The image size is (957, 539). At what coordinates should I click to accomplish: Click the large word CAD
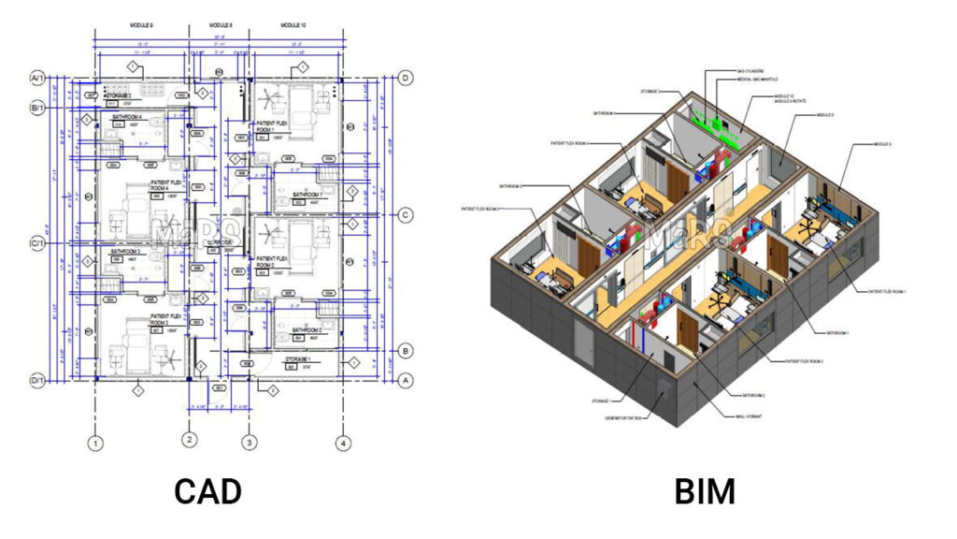click(x=207, y=490)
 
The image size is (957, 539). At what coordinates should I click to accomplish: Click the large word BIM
click(x=705, y=490)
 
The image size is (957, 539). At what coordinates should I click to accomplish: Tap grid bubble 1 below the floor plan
click(x=94, y=443)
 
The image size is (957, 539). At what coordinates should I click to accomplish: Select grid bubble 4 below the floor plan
click(x=344, y=443)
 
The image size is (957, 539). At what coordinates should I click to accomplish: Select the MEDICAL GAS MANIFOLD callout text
click(x=759, y=80)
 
